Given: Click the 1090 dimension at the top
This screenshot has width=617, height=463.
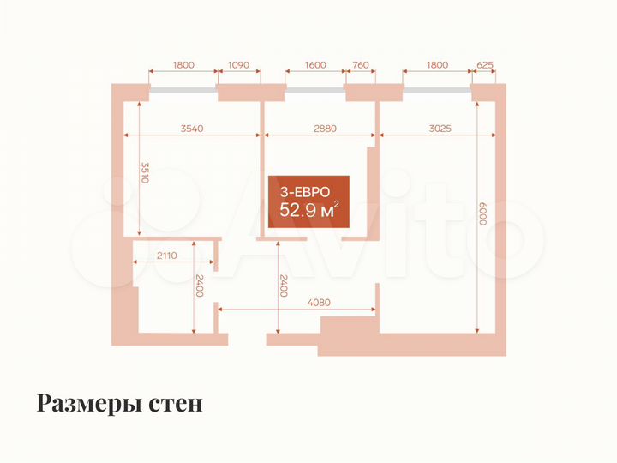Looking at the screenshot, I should coord(239,64).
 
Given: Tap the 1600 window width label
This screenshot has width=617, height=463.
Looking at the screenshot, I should coord(315,64).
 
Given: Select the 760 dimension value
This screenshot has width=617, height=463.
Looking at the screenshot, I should coord(360,64).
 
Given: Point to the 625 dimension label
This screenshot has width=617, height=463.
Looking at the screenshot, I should coord(484,64).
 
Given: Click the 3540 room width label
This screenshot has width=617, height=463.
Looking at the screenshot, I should coord(192,129).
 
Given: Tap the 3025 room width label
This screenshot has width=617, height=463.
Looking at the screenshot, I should coord(439,129).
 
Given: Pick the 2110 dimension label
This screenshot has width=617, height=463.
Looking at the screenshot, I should coord(167,255).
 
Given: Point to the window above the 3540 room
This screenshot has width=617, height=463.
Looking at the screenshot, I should coord(183,87).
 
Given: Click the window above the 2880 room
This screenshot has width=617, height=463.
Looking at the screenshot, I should coord(315,87).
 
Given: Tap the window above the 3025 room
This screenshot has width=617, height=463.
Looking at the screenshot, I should coord(436,87).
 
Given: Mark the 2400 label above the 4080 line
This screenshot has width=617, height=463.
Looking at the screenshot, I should coord(283,285).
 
